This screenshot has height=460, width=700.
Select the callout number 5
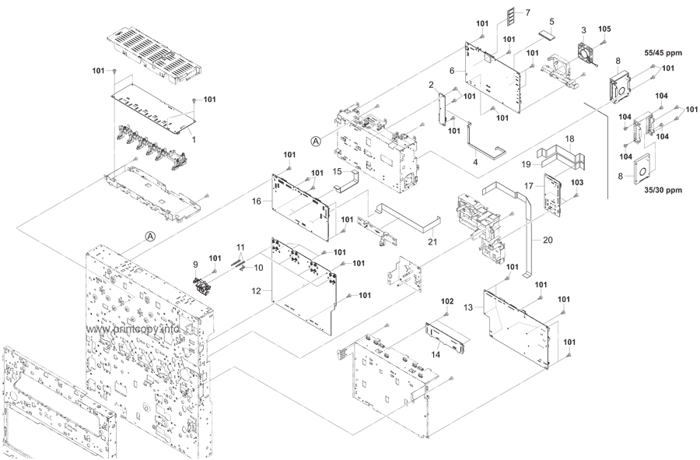click(x=551, y=22)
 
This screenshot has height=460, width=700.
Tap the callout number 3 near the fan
click(x=583, y=29)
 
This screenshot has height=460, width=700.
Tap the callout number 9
click(x=197, y=265)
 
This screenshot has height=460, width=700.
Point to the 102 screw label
click(x=447, y=300)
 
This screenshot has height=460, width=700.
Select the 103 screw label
click(x=577, y=181)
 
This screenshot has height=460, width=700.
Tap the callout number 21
click(x=432, y=241)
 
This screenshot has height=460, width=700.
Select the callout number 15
click(x=338, y=170)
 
